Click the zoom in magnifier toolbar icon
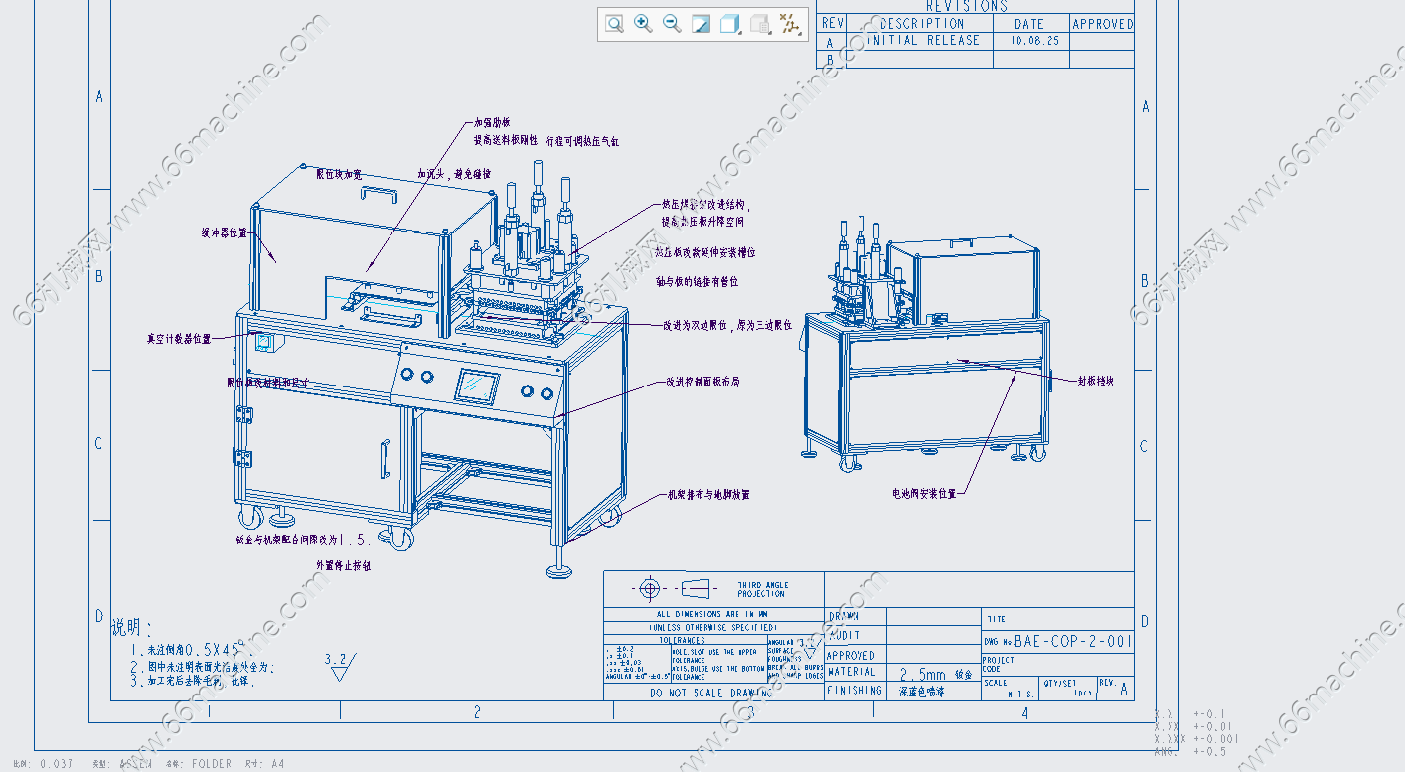click(x=643, y=23)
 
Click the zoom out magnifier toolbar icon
click(x=672, y=23)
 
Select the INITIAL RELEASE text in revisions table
click(x=923, y=41)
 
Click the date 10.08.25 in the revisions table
click(x=1033, y=41)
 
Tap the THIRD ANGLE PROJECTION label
click(x=762, y=589)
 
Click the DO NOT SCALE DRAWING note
click(x=711, y=693)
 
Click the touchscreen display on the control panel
click(x=477, y=386)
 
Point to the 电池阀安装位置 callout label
click(x=924, y=493)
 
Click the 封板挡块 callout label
click(x=1096, y=381)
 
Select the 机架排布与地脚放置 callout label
click(x=708, y=494)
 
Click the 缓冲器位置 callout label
click(x=224, y=232)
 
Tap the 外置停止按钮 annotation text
click(x=344, y=564)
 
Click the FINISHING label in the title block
click(x=855, y=690)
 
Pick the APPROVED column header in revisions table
click(x=1102, y=24)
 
